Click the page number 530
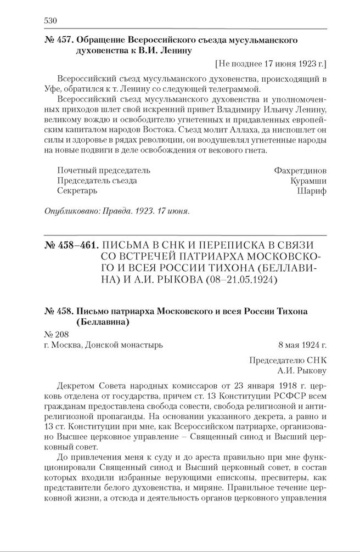click(x=50, y=21)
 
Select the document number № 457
click(x=58, y=41)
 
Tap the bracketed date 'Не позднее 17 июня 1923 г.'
click(x=272, y=63)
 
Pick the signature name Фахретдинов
click(x=300, y=170)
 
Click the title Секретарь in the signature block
click(x=77, y=191)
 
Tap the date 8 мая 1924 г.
click(x=302, y=345)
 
